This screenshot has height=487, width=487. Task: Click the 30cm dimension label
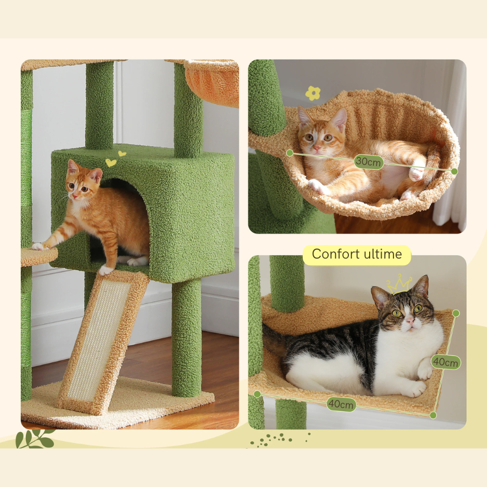(x=369, y=161)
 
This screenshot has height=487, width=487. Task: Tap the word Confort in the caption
(x=334, y=254)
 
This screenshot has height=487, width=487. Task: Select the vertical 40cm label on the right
(x=445, y=362)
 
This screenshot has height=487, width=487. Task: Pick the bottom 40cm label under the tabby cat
(x=341, y=404)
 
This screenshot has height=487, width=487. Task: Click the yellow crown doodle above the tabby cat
(x=399, y=283)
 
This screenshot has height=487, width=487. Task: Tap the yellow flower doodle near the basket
(x=313, y=93)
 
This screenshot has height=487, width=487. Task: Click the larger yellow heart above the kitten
(x=111, y=163)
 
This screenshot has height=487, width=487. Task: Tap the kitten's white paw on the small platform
(x=39, y=246)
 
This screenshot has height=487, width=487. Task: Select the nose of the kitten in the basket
(x=317, y=148)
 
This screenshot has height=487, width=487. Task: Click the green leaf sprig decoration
(x=35, y=439)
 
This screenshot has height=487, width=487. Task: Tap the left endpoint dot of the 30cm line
(x=290, y=153)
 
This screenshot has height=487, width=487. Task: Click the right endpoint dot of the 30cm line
(x=454, y=171)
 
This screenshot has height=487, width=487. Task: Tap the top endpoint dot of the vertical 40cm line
(x=456, y=313)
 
